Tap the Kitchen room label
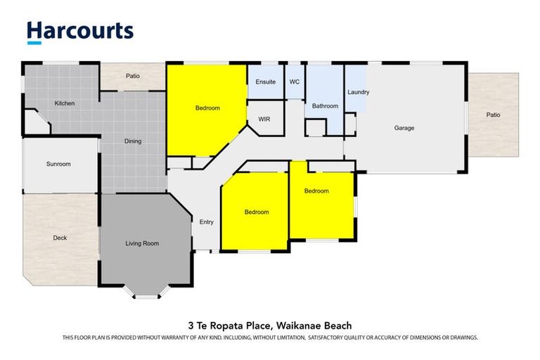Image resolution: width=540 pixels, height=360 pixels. [x=65, y=103]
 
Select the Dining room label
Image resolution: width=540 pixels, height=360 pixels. [x=133, y=141]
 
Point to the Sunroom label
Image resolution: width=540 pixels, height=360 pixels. [x=58, y=164]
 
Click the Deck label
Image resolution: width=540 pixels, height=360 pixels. [x=60, y=238]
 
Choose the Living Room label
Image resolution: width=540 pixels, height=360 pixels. [x=142, y=243]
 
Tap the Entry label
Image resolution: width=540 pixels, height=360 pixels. [x=206, y=222]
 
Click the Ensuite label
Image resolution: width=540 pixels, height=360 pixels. [x=265, y=82]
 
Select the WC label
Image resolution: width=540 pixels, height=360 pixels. [x=295, y=82]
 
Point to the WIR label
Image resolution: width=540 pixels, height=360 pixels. [x=264, y=120]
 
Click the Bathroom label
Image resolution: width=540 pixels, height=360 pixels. [x=325, y=106]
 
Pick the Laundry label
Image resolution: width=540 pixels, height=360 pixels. [x=358, y=92]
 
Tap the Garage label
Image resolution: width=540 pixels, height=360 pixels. [x=404, y=128]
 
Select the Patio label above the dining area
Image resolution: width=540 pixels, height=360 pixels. [x=133, y=76]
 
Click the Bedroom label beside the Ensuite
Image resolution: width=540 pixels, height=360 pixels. [x=207, y=108]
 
